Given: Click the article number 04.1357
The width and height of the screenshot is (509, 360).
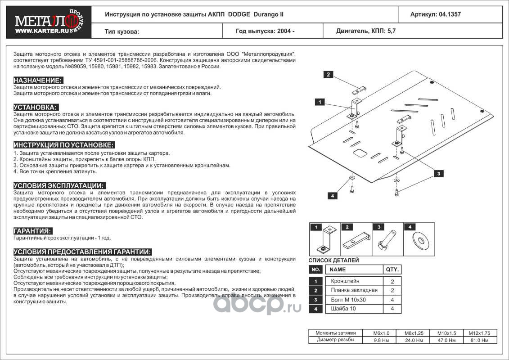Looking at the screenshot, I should (435, 14).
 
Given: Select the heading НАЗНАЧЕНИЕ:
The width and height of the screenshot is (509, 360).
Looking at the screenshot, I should (37, 80).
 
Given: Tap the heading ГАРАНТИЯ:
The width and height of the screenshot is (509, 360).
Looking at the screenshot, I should (32, 231).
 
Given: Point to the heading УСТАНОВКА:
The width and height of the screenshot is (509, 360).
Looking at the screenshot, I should (36, 108).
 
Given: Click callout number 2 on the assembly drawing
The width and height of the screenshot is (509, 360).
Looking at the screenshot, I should (329, 75).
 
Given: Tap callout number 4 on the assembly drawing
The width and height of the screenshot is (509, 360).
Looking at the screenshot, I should (332, 196).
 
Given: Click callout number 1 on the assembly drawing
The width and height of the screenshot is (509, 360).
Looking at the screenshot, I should (319, 102).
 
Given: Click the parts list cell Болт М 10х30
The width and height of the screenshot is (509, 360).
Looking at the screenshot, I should (348, 300).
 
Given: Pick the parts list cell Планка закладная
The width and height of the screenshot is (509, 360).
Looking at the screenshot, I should (354, 290).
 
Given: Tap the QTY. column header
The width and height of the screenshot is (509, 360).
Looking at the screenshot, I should (392, 270).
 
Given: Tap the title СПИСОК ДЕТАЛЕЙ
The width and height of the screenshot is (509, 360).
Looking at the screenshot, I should (333, 261).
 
